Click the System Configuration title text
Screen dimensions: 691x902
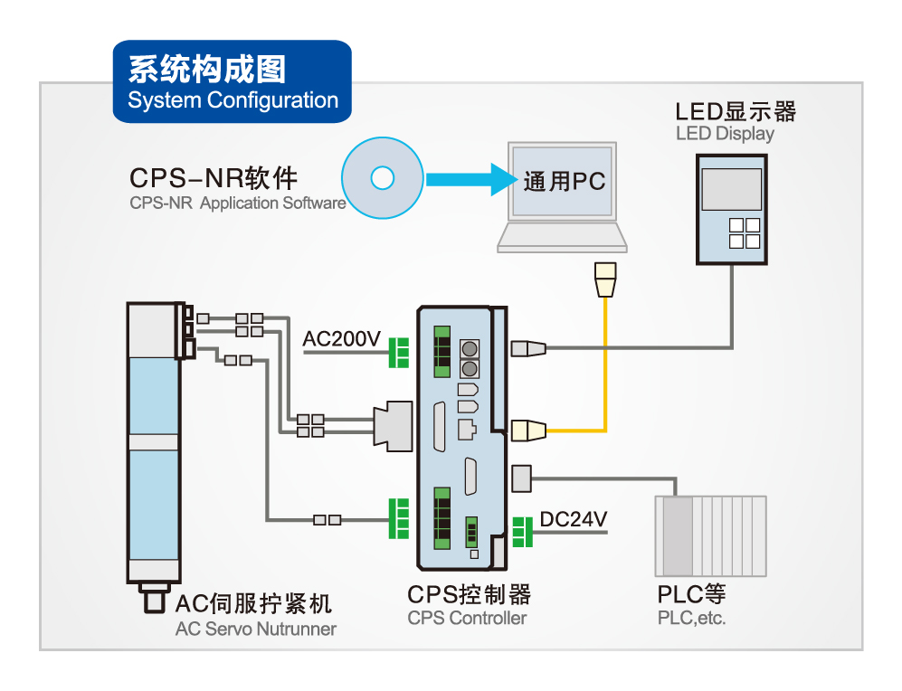233,100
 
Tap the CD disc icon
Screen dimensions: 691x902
383,178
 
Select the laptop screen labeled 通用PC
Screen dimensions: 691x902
563,180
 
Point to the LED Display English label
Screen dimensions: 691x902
725,134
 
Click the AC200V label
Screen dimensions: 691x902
342,339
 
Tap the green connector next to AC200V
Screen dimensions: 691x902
398,352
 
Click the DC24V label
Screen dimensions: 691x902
573,519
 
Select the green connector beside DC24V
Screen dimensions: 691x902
522,532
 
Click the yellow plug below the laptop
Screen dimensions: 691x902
603,279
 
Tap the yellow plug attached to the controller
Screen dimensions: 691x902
528,431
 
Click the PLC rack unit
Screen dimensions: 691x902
710,535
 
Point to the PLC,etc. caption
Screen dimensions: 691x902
691,620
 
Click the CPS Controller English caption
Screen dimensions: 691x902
466,619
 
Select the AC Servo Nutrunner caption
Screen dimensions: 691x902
255,629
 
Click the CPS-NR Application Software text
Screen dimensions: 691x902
237,203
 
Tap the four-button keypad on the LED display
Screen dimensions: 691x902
745,232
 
